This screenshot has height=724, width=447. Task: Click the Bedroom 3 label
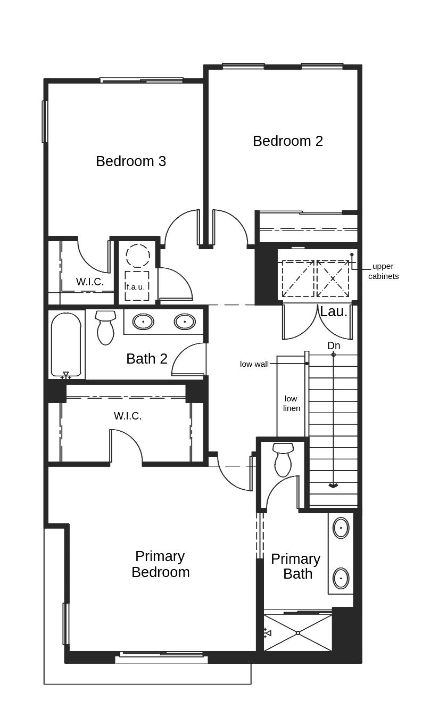[131, 161]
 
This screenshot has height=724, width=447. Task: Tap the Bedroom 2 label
[288, 141]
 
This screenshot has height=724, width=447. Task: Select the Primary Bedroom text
[160, 564]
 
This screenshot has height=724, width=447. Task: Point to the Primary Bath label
[296, 566]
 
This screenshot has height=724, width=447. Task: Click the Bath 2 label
[147, 359]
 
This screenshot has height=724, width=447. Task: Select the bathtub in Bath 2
[66, 345]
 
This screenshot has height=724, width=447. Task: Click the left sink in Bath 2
[143, 322]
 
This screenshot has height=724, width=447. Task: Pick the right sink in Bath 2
[185, 322]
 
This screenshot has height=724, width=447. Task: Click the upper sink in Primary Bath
[341, 528]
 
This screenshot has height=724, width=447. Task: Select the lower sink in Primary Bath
[341, 578]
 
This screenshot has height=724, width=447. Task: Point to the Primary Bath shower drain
[298, 633]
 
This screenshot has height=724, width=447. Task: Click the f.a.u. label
[136, 286]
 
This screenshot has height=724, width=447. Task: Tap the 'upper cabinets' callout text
[383, 271]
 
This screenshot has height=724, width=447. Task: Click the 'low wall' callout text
[254, 364]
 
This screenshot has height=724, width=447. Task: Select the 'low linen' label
[291, 404]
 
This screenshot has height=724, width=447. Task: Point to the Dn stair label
[334, 346]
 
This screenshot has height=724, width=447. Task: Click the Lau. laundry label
[334, 312]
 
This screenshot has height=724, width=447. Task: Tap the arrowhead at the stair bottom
[333, 486]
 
